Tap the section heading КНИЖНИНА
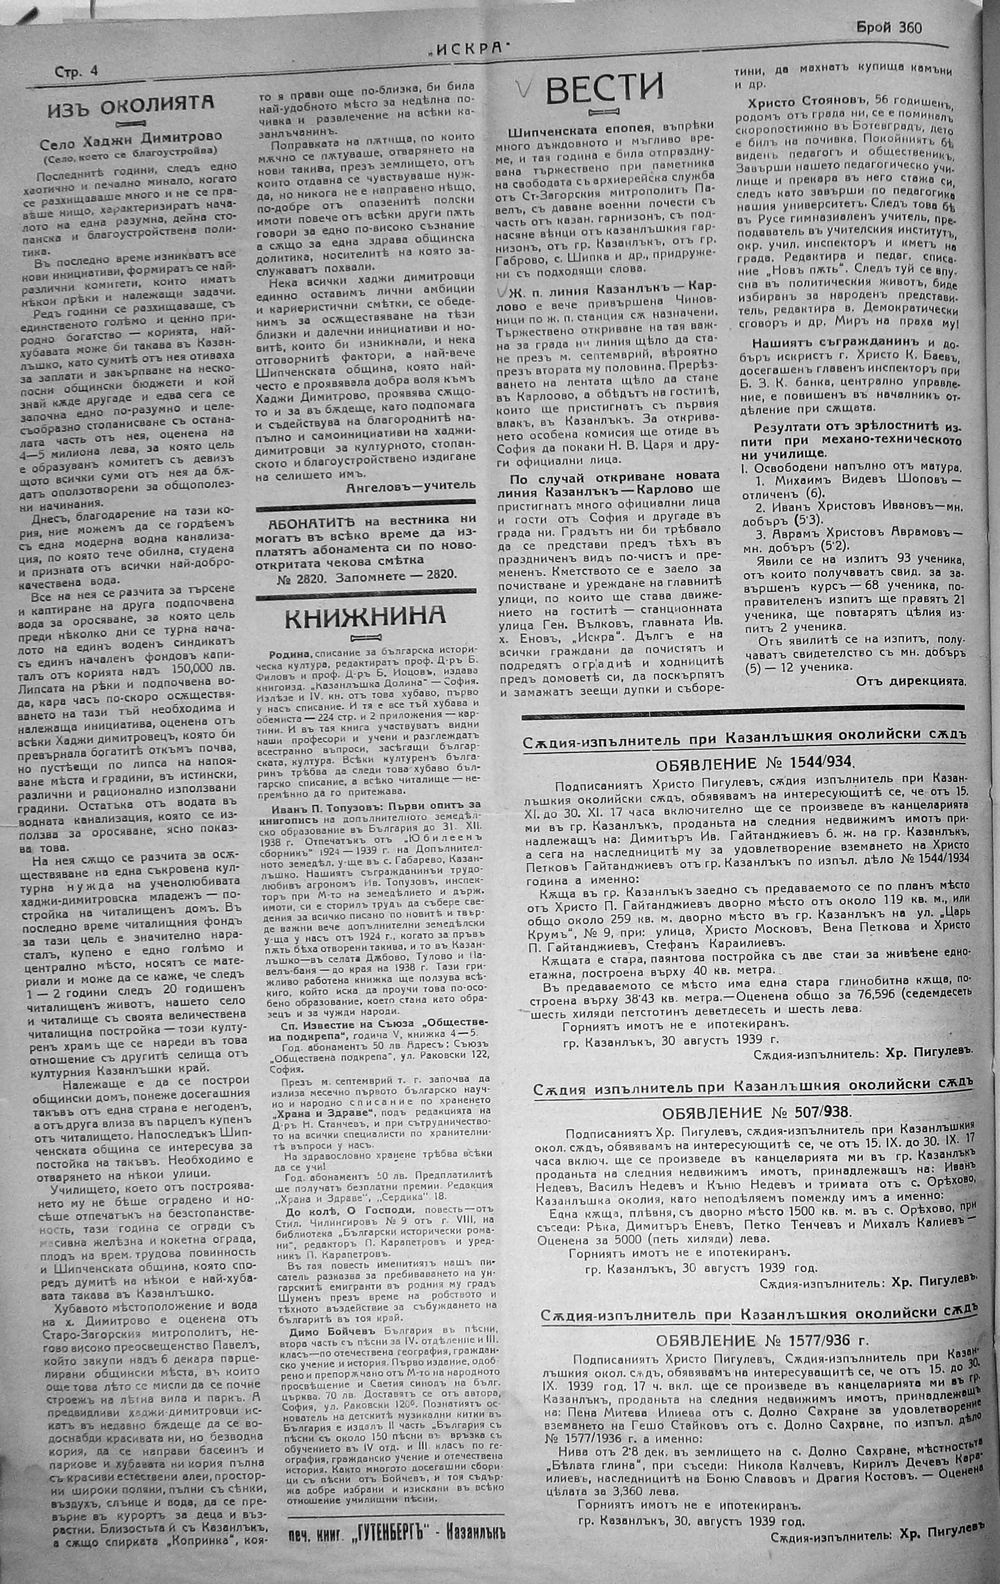[365, 616]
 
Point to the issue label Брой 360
[889, 28]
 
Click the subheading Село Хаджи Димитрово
[131, 137]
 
